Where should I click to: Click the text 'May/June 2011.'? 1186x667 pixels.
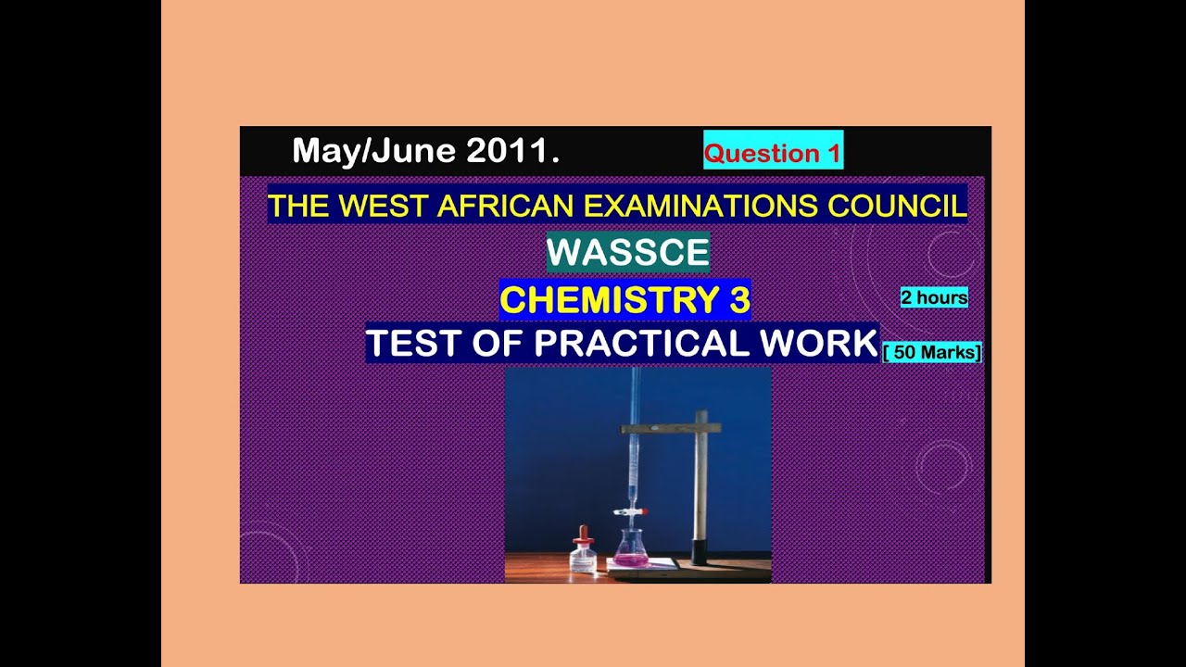425,151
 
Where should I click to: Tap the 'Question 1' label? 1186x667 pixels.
773,154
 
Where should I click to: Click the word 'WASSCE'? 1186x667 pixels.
627,252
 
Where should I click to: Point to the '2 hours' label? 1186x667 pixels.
934,297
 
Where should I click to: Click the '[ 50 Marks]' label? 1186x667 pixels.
932,352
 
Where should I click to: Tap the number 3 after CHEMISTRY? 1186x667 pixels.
737,300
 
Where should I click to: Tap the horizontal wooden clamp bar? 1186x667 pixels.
670,428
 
